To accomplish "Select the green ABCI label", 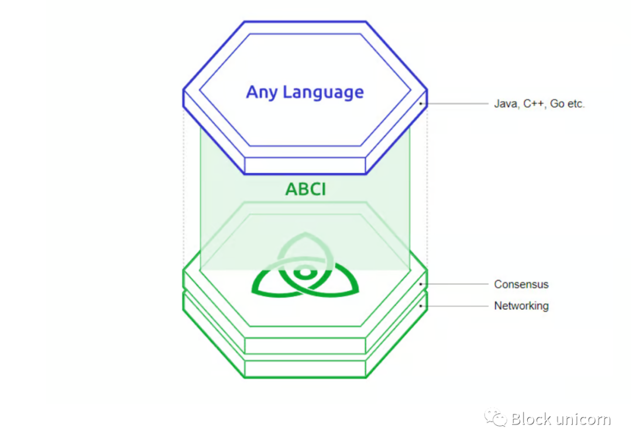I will click(305, 189).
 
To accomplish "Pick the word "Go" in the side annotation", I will click(557, 105).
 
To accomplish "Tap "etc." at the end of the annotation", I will click(576, 105).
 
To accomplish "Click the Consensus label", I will click(521, 285).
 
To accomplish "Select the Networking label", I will click(521, 306).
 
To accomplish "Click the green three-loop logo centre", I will click(304, 272).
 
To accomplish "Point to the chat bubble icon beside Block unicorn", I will click(495, 418).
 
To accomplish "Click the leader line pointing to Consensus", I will click(456, 284).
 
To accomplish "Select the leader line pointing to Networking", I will click(456, 305).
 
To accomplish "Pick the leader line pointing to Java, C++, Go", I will click(456, 104).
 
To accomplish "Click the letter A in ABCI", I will click(291, 189).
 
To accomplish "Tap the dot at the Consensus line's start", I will click(421, 284).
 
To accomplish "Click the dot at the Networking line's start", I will click(421, 305).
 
